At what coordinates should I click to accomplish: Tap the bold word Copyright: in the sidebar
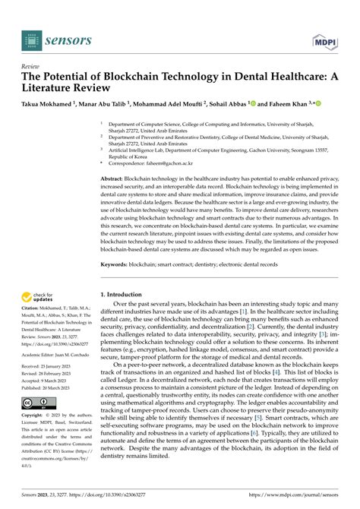35,416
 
